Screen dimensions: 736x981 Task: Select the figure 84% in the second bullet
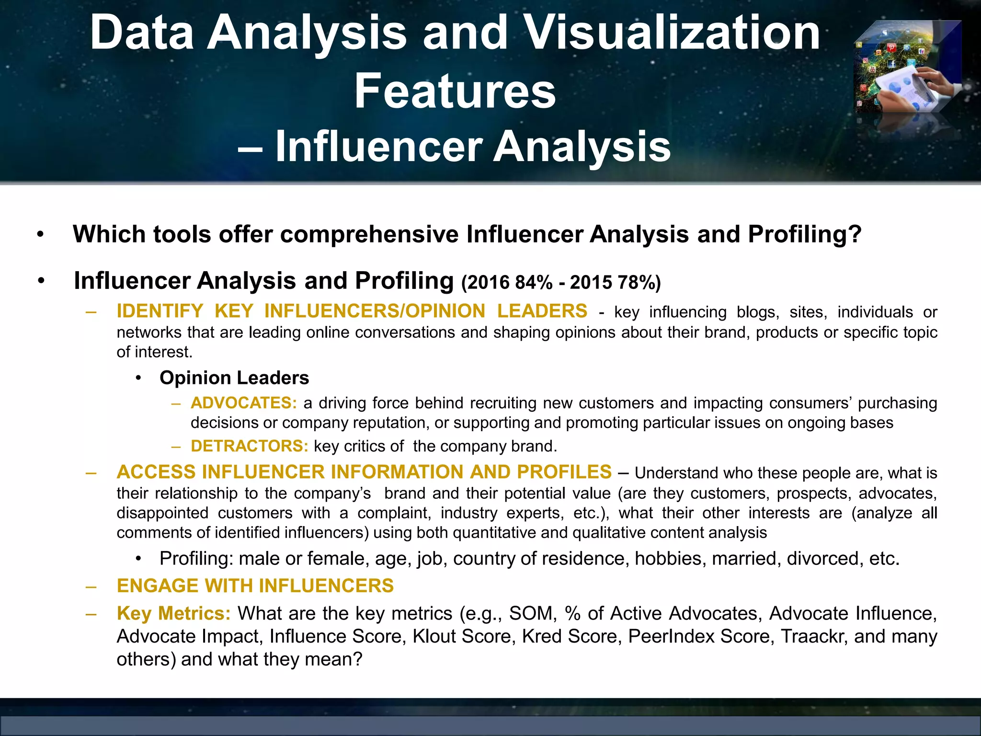534,283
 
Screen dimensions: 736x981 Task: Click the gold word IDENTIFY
160,311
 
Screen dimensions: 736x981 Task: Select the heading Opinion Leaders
234,378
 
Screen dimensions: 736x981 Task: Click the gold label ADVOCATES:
244,403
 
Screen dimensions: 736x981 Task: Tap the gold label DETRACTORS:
249,446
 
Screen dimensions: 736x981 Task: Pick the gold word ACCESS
156,472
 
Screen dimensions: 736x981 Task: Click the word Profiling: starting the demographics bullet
196,559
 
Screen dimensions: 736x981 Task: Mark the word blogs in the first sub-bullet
758,312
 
